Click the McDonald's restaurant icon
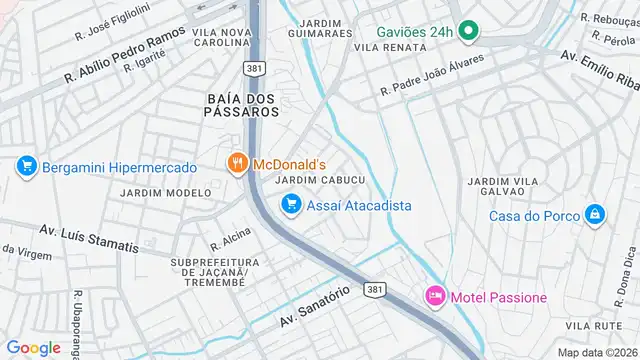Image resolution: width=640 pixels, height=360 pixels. click(x=237, y=162)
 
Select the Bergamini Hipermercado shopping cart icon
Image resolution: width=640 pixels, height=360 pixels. click(x=27, y=166)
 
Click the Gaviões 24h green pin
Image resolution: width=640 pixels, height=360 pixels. click(x=466, y=31)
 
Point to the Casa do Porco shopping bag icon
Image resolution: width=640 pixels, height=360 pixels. click(x=595, y=215)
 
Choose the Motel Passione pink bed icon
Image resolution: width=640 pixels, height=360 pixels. click(x=435, y=297)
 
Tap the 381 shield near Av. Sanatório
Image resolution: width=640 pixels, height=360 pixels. click(x=373, y=290)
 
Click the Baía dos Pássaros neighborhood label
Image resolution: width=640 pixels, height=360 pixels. click(x=243, y=105)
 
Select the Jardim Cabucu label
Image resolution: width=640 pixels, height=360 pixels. click(x=319, y=179)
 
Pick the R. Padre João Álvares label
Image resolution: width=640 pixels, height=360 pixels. click(x=432, y=76)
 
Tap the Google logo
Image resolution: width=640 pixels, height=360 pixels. click(x=33, y=347)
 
